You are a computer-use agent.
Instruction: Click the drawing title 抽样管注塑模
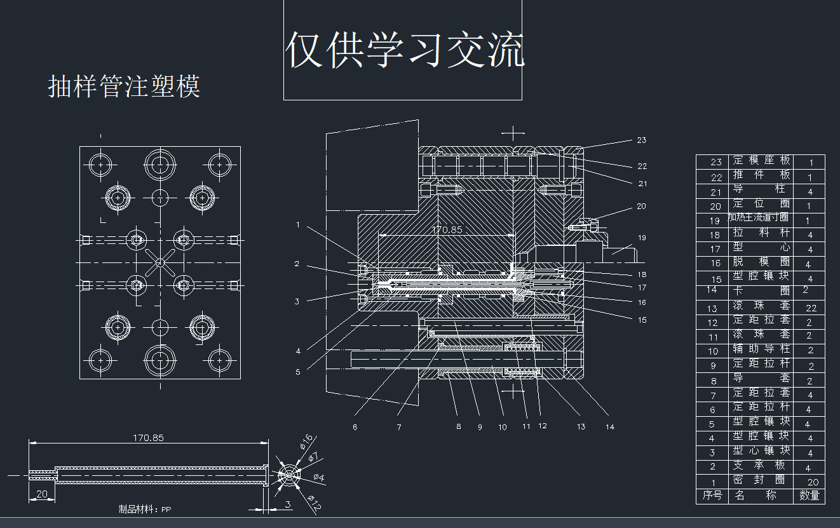click(125, 86)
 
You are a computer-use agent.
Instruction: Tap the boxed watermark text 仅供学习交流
click(405, 50)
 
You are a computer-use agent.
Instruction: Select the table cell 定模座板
click(762, 161)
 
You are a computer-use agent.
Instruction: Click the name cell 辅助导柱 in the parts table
click(762, 349)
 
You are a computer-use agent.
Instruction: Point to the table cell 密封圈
click(762, 480)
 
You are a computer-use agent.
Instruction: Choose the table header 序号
click(712, 496)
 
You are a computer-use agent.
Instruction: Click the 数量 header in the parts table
click(809, 496)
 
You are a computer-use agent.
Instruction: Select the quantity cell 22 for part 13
click(811, 308)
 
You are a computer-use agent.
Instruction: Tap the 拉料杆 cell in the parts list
click(762, 233)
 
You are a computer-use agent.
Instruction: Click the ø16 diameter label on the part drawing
click(306, 440)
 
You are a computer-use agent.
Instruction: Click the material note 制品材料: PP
click(145, 509)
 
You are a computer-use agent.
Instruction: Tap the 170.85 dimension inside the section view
click(447, 229)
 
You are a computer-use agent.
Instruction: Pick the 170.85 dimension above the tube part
click(148, 438)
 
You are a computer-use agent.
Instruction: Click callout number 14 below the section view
click(610, 427)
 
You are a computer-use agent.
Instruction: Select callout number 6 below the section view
click(355, 427)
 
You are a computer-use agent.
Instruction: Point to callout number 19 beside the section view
click(642, 238)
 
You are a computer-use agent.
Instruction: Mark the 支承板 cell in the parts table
click(762, 466)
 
